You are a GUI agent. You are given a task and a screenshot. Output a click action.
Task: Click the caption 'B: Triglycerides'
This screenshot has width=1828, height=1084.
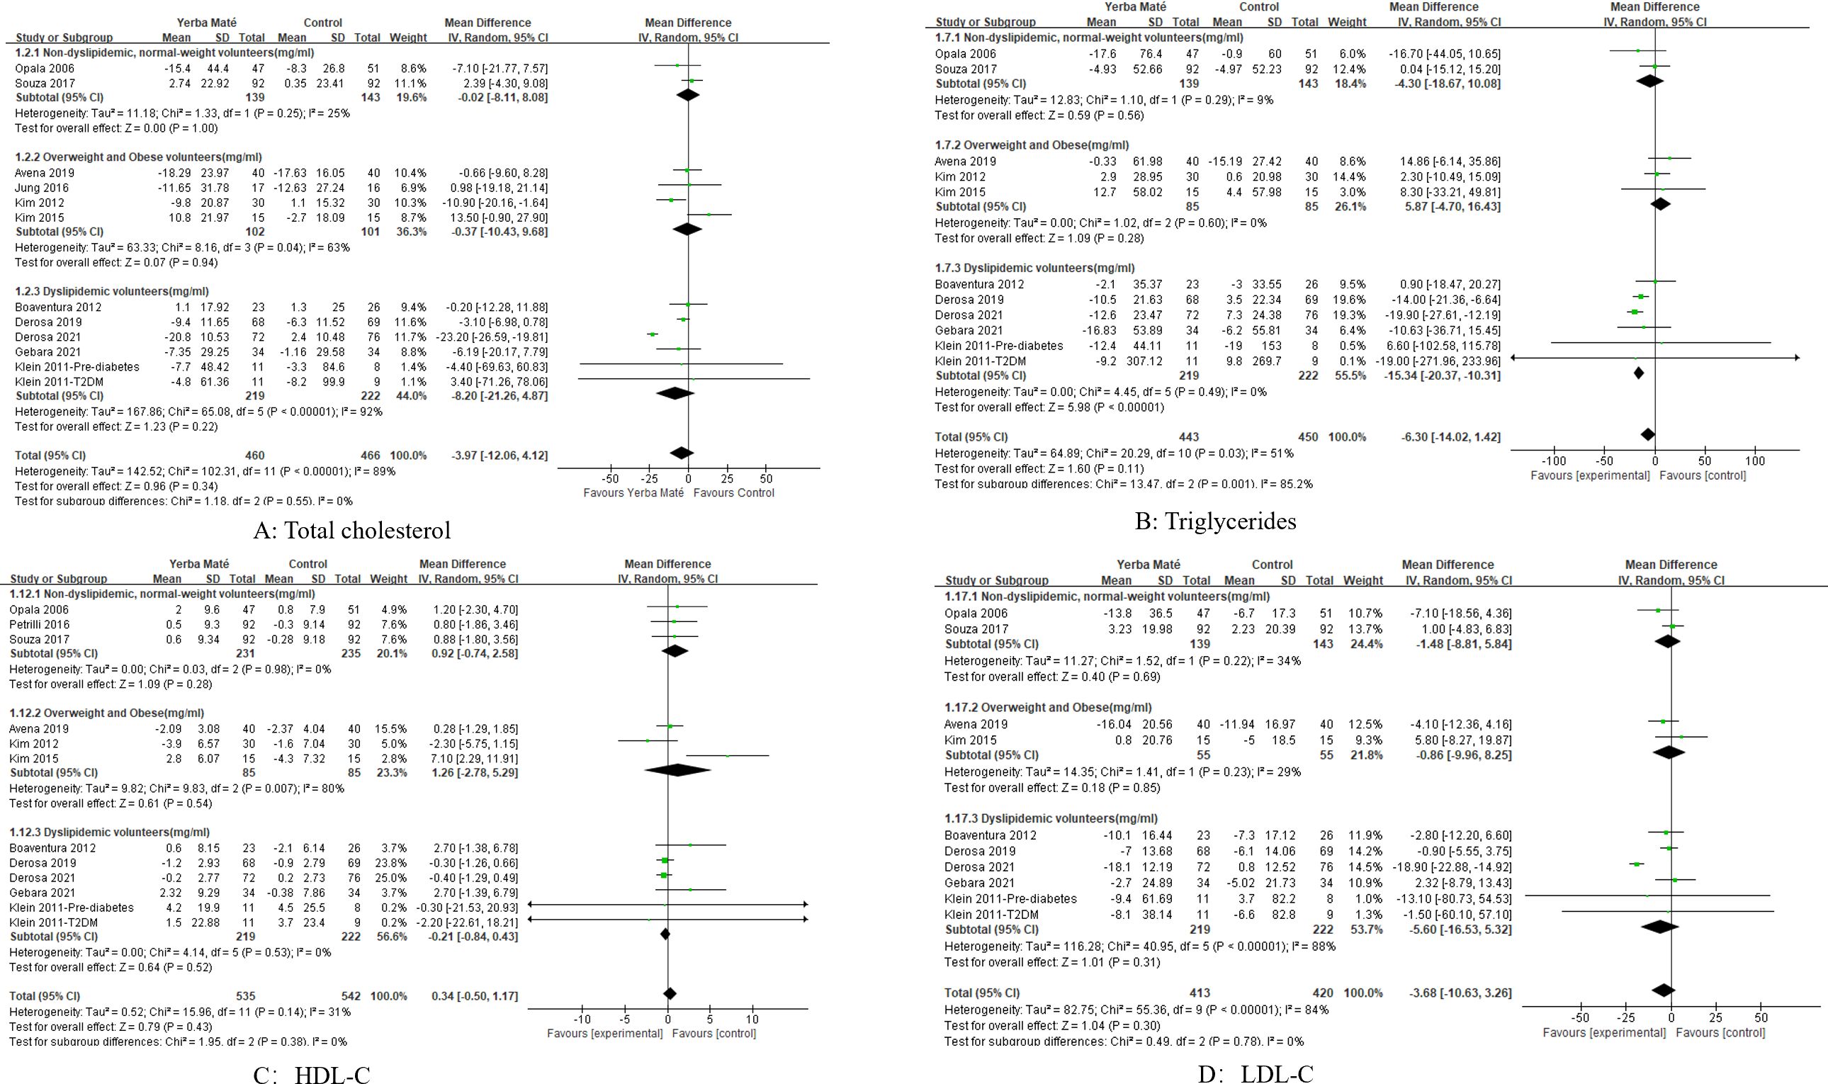click(1215, 520)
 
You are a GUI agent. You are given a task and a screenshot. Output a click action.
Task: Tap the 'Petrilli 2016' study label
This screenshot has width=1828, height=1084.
click(40, 625)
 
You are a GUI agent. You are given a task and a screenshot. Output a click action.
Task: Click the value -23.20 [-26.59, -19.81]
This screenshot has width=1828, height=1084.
click(497, 337)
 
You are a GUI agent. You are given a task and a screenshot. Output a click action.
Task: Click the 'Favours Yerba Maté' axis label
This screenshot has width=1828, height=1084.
click(633, 492)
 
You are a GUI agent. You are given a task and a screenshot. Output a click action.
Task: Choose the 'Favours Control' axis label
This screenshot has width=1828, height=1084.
click(733, 492)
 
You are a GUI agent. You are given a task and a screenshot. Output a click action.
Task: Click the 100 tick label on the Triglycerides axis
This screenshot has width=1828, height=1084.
click(1754, 461)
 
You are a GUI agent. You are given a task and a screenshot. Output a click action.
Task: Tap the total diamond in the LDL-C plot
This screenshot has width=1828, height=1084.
click(1663, 990)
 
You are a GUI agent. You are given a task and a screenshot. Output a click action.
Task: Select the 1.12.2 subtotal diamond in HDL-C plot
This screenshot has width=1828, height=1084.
click(678, 770)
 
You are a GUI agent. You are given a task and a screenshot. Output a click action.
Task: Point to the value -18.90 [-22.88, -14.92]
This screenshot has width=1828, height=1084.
click(1458, 867)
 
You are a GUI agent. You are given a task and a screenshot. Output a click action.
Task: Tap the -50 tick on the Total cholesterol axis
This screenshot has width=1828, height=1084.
click(610, 479)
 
